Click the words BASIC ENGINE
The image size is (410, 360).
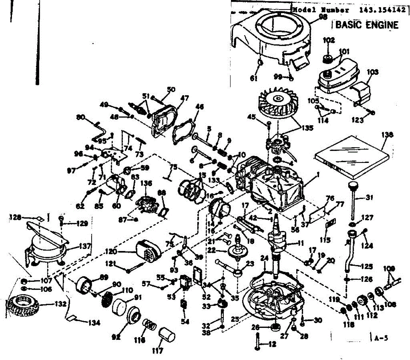(366, 25)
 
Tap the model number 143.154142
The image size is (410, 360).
(382, 10)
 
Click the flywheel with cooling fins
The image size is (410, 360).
(277, 102)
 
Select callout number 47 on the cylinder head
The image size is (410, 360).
(184, 98)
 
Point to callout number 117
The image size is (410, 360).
(158, 350)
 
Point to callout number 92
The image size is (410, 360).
(117, 337)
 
